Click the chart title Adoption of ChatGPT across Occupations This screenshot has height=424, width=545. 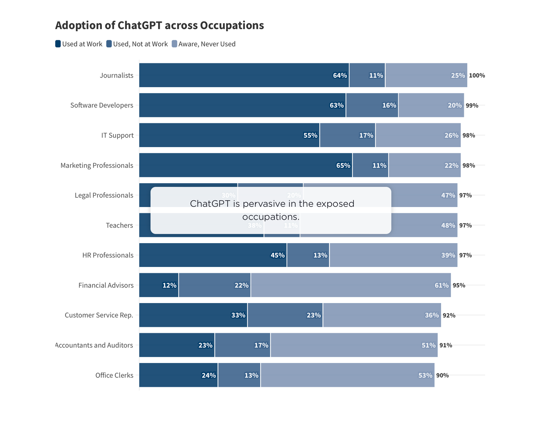coord(159,26)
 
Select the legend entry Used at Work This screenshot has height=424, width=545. coord(79,44)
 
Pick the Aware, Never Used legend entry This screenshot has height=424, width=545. coord(203,44)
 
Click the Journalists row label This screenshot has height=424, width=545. coord(116,75)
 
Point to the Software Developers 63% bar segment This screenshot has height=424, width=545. coord(242,105)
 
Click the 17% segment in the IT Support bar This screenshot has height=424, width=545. coord(347,135)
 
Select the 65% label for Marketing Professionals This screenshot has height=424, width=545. coord(343,166)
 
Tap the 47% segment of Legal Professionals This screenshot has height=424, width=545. coord(424,195)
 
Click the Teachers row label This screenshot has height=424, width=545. coord(119,225)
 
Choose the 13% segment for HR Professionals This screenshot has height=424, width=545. coord(308,255)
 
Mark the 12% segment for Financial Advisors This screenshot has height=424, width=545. coord(159,285)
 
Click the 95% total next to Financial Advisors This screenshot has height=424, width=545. coord(459,285)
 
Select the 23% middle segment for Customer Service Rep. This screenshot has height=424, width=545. coord(285,315)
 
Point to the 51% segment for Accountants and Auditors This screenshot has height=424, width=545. coord(354,345)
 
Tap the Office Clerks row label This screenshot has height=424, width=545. coord(114,375)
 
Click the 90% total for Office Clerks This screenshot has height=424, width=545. coord(442,375)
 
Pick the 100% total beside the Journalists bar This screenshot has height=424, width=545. coord(477,76)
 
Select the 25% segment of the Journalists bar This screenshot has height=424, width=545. coord(426,75)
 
